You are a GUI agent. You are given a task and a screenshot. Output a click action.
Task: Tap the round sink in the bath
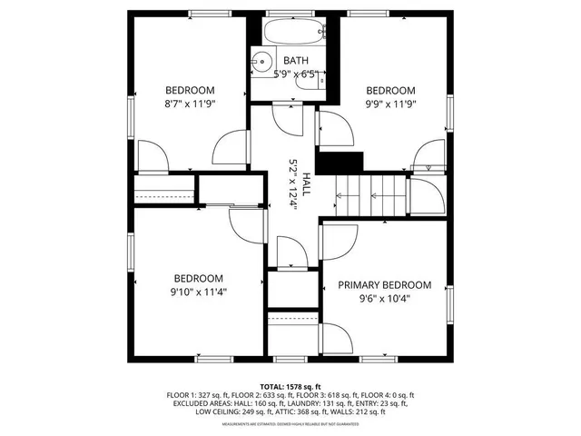tap(261, 62)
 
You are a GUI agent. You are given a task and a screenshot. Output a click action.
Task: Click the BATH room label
tap(295, 61)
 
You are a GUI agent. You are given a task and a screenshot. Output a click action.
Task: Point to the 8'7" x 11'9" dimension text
tap(189, 104)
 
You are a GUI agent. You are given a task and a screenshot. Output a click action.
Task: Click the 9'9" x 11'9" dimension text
tap(390, 104)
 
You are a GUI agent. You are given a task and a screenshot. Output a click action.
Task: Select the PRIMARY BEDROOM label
tap(384, 284)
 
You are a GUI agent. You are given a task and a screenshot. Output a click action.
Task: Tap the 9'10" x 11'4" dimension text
tap(199, 292)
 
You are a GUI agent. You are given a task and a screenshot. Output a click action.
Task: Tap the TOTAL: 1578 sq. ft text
tap(291, 386)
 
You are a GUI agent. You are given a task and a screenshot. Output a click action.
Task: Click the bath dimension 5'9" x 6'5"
tap(295, 74)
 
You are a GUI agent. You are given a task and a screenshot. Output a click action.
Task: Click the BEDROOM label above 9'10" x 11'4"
tap(199, 278)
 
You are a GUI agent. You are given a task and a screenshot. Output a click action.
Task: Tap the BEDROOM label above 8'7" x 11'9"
tap(189, 90)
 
